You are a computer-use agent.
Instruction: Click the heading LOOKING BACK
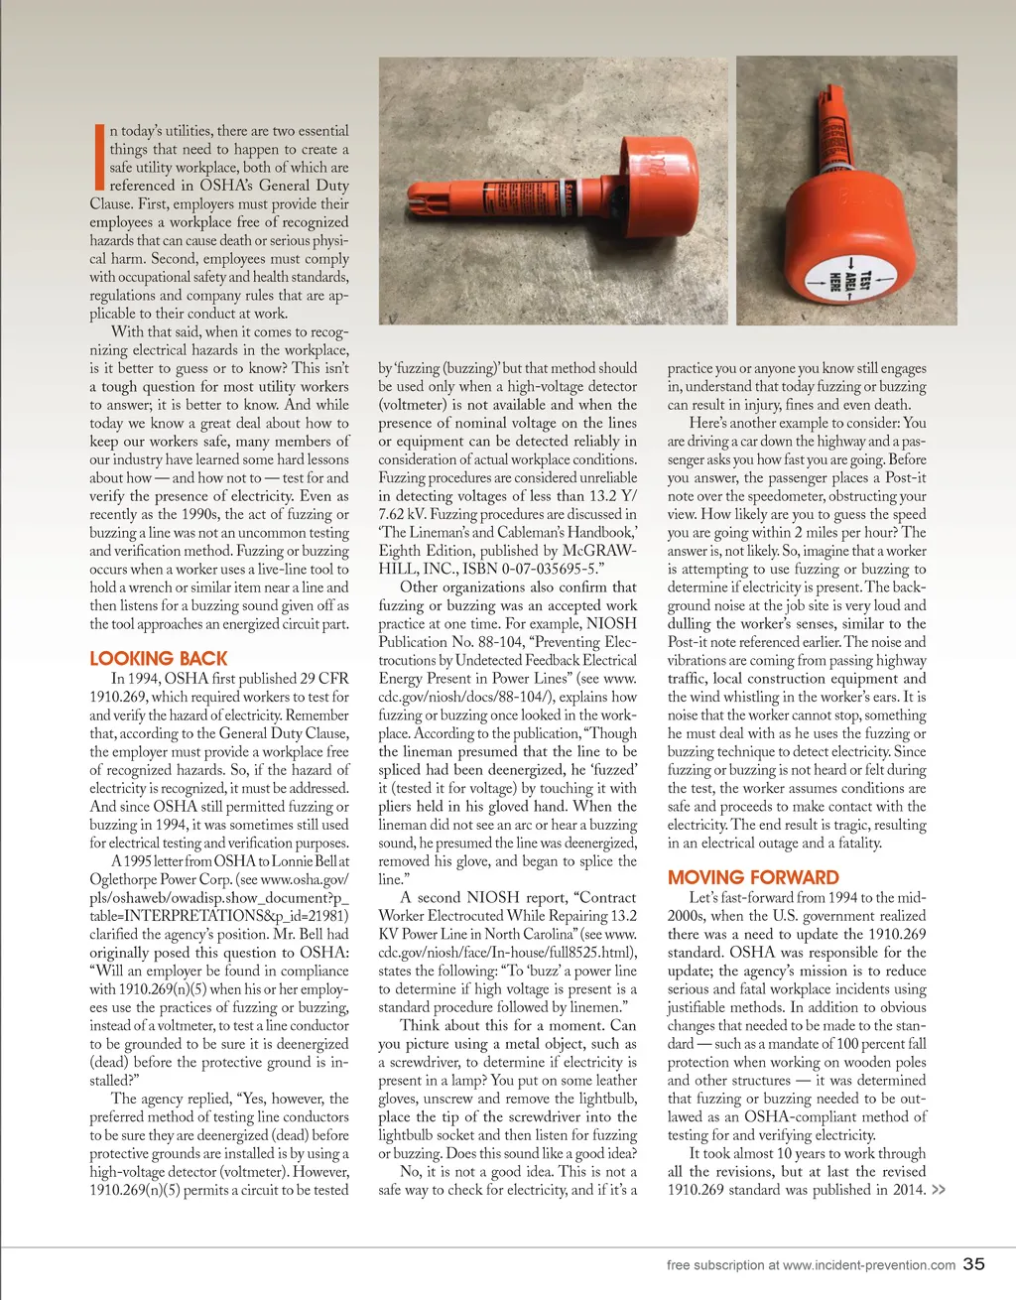tap(159, 659)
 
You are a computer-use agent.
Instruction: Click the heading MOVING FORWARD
tap(753, 877)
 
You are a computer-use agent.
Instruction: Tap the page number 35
tap(974, 1263)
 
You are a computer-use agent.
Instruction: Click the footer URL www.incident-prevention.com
tap(868, 1265)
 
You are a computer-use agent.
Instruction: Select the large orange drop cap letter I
tap(98, 157)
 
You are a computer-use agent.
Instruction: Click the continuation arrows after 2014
tap(938, 1190)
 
